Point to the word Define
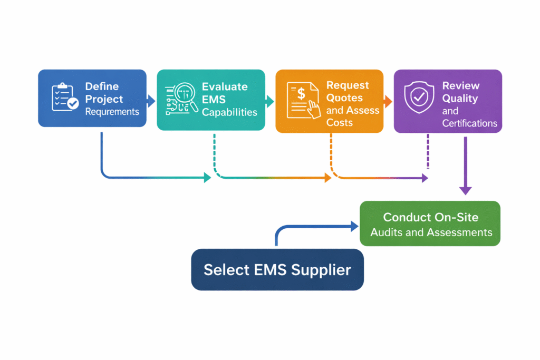tap(102, 86)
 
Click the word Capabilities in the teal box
tap(229, 112)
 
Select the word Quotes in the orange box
tap(345, 98)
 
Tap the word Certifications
tap(469, 123)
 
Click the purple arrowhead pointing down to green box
tap(465, 190)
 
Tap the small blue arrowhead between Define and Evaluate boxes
tap(151, 101)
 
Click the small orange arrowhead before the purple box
tap(388, 101)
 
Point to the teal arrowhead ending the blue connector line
tap(207, 178)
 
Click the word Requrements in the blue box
tap(112, 111)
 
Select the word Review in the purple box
tap(460, 85)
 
